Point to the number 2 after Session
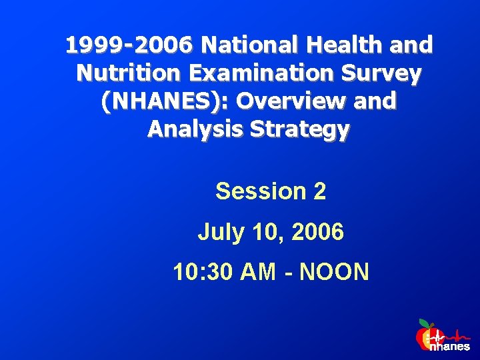pyautogui.click(x=319, y=192)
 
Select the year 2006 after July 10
pyautogui.click(x=318, y=233)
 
